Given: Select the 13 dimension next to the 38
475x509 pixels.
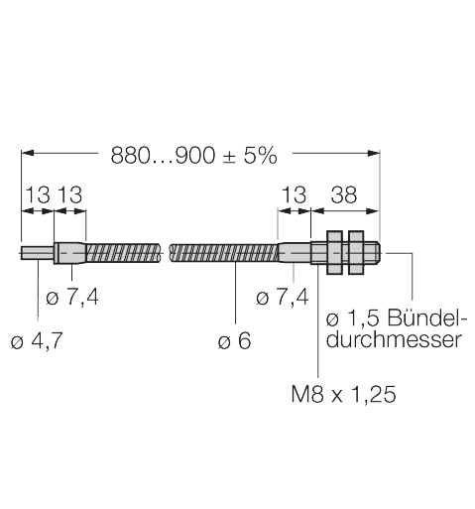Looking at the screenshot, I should [296, 194].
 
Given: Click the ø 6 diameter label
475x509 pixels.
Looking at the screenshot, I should [234, 341].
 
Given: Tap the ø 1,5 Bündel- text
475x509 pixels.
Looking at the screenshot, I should [393, 318].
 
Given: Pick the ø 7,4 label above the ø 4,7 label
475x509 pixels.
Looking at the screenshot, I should [74, 297].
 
